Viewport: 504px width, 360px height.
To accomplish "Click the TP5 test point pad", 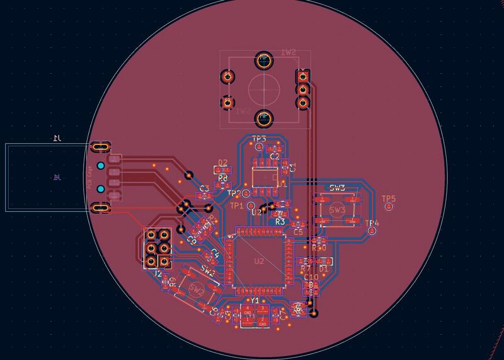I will tap(389, 206).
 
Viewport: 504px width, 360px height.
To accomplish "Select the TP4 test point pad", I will tap(372, 231).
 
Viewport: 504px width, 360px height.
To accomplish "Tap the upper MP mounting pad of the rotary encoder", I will tap(263, 61).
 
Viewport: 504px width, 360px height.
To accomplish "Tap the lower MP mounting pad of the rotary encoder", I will tap(263, 117).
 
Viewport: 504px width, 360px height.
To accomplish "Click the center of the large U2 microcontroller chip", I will tap(259, 261).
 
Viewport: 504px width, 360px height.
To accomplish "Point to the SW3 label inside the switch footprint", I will tap(336, 209).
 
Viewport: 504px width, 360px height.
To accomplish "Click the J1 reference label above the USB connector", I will tap(57, 137).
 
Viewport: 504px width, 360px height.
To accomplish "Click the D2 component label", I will tap(222, 162).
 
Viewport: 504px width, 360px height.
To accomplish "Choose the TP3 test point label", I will tap(259, 138).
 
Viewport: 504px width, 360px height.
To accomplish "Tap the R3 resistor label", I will tap(280, 222).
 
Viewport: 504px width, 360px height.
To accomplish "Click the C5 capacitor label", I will tap(298, 232).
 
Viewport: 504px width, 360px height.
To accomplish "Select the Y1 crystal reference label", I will tap(255, 300).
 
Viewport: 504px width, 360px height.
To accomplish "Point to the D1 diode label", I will tap(323, 269).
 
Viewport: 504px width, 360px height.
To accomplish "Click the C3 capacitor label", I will tap(203, 189).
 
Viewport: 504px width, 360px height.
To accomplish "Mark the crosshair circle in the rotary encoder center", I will tap(263, 88).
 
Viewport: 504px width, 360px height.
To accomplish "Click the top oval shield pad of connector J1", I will tap(99, 146).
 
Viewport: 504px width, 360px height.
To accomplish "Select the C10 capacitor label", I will tap(311, 277).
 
